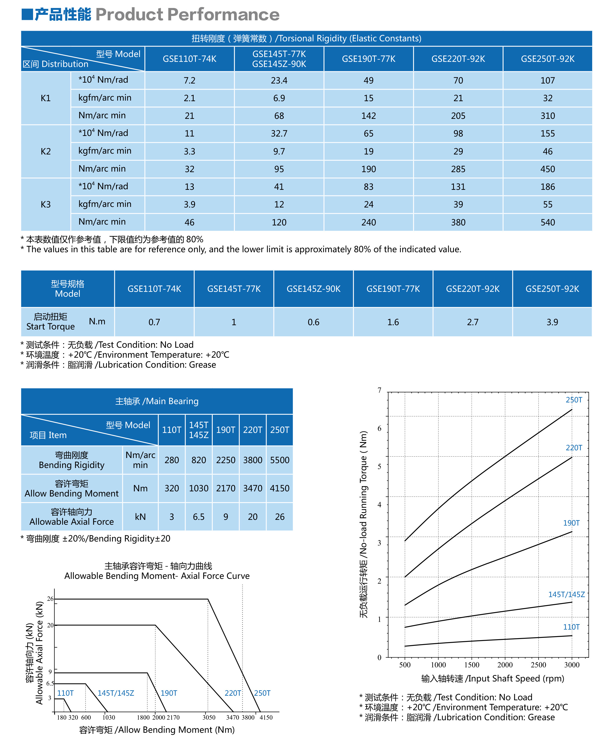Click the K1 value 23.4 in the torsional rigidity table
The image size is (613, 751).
tap(279, 80)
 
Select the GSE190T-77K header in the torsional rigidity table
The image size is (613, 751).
tap(368, 59)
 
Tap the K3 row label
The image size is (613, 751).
tap(46, 204)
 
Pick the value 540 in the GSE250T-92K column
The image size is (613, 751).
tap(547, 222)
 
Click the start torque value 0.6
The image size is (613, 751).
tap(313, 322)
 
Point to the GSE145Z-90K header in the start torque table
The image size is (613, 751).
tap(313, 289)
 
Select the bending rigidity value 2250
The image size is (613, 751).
tap(226, 460)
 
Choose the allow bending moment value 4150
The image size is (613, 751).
tap(280, 489)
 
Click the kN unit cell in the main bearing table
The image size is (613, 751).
tap(140, 517)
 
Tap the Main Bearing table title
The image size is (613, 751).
tap(157, 401)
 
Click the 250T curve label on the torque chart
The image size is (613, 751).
tap(574, 400)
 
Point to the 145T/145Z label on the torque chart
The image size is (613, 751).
tap(567, 594)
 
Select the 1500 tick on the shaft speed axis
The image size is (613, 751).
tap(472, 665)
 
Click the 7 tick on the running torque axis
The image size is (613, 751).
tap(379, 390)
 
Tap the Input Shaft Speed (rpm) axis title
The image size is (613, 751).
tap(493, 678)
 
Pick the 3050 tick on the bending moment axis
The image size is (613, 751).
tap(209, 717)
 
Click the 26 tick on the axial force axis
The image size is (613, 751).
tap(50, 599)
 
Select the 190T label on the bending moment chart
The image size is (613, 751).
tap(169, 693)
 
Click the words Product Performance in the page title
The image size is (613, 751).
tap(188, 15)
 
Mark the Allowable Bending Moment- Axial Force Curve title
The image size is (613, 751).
tap(157, 576)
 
